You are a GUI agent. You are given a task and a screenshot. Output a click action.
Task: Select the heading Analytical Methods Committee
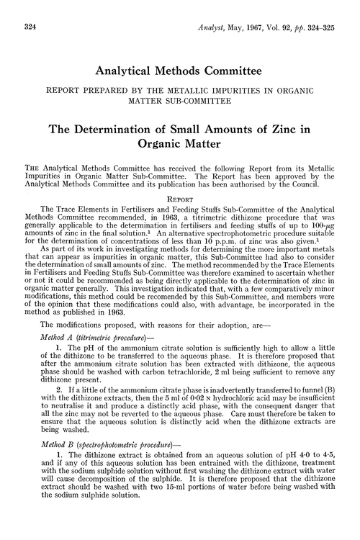(x=179, y=74)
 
